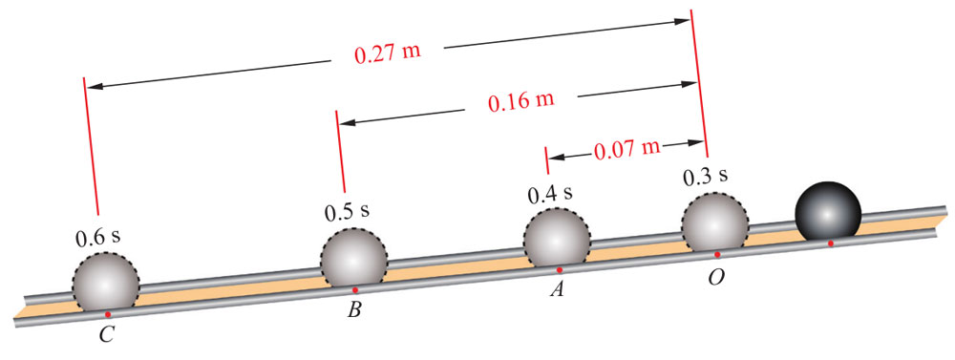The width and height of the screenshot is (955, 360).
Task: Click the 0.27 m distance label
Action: (x=388, y=53)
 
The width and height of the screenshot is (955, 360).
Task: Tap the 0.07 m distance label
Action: (x=626, y=148)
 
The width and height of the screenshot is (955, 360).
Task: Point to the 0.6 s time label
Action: (x=98, y=238)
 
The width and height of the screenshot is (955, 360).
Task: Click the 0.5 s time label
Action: (x=347, y=212)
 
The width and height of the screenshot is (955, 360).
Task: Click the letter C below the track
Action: (x=106, y=334)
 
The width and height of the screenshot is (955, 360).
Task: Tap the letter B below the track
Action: (x=354, y=309)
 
